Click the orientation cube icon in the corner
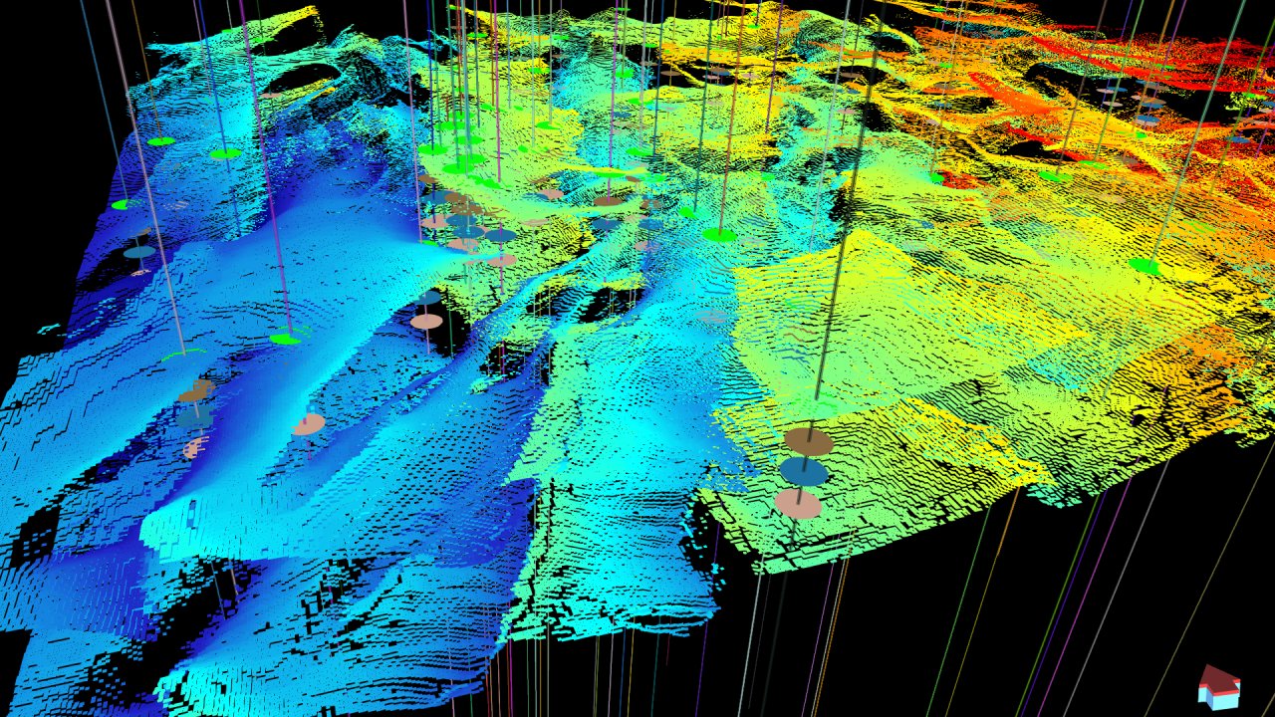point(1219,688)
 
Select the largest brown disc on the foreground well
point(808,441)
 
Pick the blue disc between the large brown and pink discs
point(804,471)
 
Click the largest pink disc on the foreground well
point(799,504)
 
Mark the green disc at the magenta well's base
point(285,339)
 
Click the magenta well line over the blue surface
point(264,179)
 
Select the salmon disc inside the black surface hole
point(426,322)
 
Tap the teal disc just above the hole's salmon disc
point(428,298)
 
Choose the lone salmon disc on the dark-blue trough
point(309,424)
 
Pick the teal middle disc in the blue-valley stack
point(195,418)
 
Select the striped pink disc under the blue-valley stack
point(194,447)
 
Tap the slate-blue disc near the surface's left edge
point(139,252)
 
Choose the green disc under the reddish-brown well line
point(719,235)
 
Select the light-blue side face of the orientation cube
point(1227,697)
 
